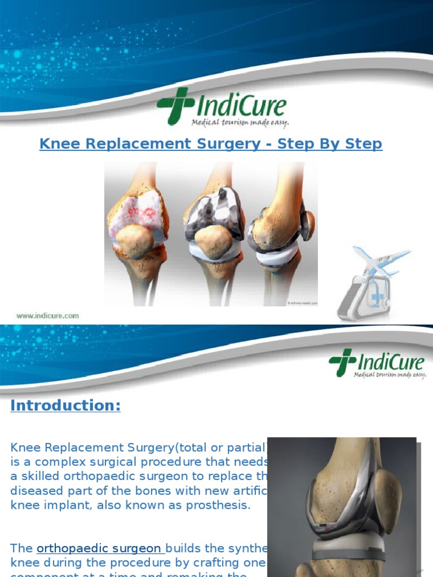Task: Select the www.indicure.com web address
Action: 48,316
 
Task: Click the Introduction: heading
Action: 65,406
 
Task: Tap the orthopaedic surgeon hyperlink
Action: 100,548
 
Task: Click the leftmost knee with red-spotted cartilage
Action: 138,225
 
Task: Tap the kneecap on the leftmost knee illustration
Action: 134,241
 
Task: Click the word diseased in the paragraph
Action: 33,490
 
